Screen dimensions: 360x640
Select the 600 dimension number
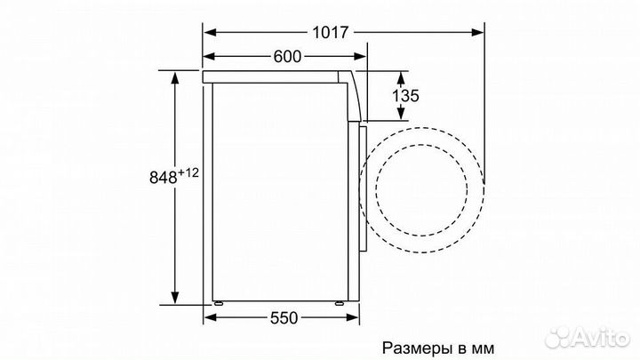286,57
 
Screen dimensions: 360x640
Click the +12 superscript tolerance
187,171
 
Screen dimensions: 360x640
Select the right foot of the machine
342,305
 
